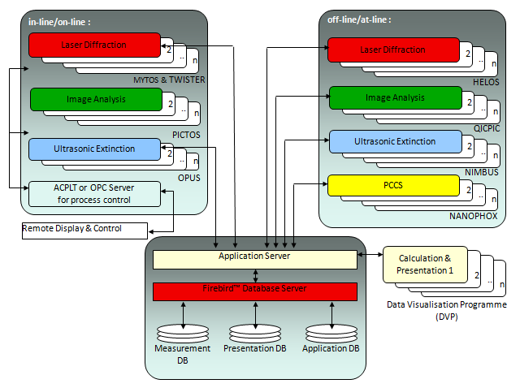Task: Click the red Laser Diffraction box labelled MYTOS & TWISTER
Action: click(94, 45)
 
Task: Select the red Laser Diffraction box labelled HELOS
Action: click(392, 50)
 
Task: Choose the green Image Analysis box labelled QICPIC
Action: click(395, 97)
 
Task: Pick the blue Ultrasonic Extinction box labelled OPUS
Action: click(94, 149)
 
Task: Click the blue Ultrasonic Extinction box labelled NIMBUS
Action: click(395, 141)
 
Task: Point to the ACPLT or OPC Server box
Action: click(94, 193)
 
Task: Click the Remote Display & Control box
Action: click(72, 229)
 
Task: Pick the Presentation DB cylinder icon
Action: click(257, 332)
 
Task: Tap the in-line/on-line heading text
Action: click(61, 22)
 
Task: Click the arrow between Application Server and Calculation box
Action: click(370, 256)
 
